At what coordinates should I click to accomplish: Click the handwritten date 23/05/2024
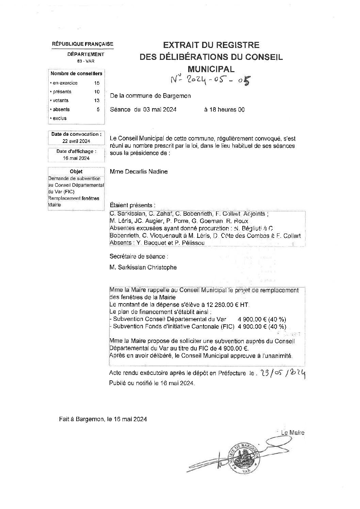pyautogui.click(x=282, y=373)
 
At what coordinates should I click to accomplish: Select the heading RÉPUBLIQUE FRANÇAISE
pyautogui.click(x=82, y=44)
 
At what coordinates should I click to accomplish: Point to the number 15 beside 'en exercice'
pyautogui.click(x=97, y=83)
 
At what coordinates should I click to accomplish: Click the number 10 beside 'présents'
pyautogui.click(x=97, y=92)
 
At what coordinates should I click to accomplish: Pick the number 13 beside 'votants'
pyautogui.click(x=97, y=100)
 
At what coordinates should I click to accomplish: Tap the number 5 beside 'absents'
pyautogui.click(x=98, y=109)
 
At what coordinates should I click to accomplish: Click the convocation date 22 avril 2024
pyautogui.click(x=76, y=141)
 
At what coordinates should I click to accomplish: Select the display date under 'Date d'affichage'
pyautogui.click(x=76, y=158)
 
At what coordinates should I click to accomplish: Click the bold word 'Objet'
pyautogui.click(x=76, y=172)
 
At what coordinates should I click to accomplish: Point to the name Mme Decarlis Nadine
pyautogui.click(x=138, y=171)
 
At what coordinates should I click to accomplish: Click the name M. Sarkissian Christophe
pyautogui.click(x=143, y=267)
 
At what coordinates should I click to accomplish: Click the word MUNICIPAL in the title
pyautogui.click(x=211, y=69)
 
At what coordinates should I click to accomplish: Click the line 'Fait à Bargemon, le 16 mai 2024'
pyautogui.click(x=103, y=420)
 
